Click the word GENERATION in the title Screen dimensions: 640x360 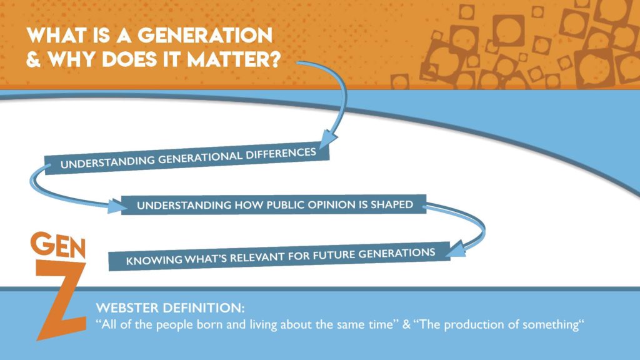[x=205, y=36]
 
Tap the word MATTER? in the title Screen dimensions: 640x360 [x=234, y=59]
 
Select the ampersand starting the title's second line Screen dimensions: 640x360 [x=34, y=59]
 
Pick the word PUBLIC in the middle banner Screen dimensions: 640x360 [x=285, y=205]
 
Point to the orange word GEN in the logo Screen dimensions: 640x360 [x=58, y=245]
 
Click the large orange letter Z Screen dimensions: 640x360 [x=61, y=301]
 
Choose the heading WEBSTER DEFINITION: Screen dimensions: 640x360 [x=170, y=307]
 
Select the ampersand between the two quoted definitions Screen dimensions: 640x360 [x=406, y=325]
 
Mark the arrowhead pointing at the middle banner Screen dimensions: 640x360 [x=117, y=206]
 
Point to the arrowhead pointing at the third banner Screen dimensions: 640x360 [x=455, y=249]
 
